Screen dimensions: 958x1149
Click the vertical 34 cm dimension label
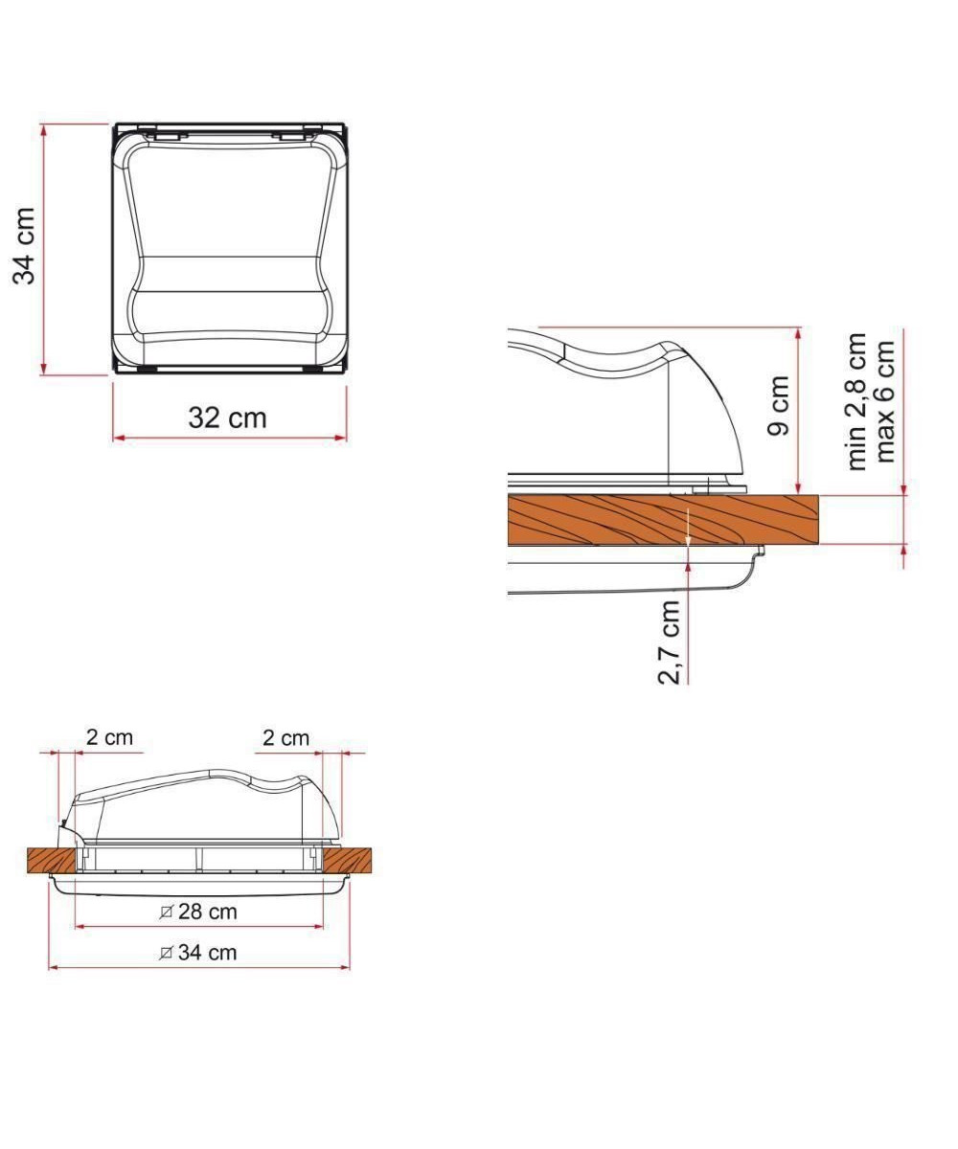(24, 246)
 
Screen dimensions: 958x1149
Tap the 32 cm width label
(227, 417)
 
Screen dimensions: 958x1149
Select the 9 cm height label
(779, 405)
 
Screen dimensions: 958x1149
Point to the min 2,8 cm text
(856, 401)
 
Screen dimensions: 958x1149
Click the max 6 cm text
(885, 401)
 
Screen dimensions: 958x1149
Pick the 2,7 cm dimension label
(669, 642)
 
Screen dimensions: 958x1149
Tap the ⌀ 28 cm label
(198, 912)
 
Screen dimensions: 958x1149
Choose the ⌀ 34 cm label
(198, 953)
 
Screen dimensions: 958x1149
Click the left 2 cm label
(109, 738)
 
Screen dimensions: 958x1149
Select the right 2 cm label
(285, 738)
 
